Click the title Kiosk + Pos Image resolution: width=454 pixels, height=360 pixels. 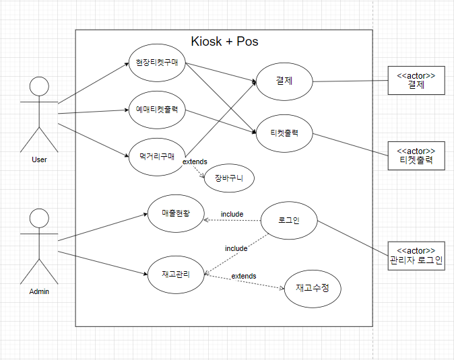tap(225, 42)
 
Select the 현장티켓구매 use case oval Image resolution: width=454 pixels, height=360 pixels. tap(156, 63)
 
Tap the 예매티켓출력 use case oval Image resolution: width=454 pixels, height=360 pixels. tap(156, 109)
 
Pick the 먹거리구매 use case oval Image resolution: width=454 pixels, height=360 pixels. tap(156, 157)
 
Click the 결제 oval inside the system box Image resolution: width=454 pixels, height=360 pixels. tap(284, 81)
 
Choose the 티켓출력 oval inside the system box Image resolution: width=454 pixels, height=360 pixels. tap(284, 133)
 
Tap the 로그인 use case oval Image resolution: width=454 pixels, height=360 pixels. tap(288, 219)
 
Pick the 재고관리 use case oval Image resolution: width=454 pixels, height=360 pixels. tap(175, 274)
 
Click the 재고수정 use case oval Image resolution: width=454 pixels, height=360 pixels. tap(312, 288)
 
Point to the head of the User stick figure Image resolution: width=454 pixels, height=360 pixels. tap(40, 87)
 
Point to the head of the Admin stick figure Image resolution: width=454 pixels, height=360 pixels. tap(40, 218)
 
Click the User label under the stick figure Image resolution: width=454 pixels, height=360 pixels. tap(39, 159)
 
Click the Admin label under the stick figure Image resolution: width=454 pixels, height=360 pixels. tap(39, 291)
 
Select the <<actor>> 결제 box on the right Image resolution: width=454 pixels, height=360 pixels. tap(416, 81)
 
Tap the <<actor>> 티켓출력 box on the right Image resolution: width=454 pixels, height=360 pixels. tap(416, 156)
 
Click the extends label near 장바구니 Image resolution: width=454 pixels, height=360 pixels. tap(195, 161)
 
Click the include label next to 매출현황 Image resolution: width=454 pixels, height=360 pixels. tap(232, 214)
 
